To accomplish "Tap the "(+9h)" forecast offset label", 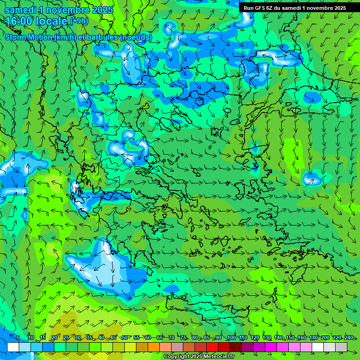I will pyautogui.click(x=79, y=21).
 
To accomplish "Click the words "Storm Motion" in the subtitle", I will pyautogui.click(x=28, y=37).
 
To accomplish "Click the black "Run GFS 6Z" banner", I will pyautogui.click(x=294, y=8).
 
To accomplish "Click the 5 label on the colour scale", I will pyautogui.click(x=18, y=338).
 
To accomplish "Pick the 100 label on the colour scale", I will pyautogui.click(x=231, y=338).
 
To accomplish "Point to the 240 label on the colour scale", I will pyautogui.click(x=349, y=338).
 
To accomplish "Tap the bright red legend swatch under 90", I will pyautogui.click(x=212, y=347).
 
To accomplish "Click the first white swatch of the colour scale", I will pyautogui.click(x=13, y=347).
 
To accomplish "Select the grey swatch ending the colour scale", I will pyautogui.click(x=341, y=347).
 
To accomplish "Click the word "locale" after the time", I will pyautogui.click(x=52, y=21).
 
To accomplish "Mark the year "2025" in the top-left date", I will pyautogui.click(x=100, y=10).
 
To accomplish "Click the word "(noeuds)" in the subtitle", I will pyautogui.click(x=136, y=37).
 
